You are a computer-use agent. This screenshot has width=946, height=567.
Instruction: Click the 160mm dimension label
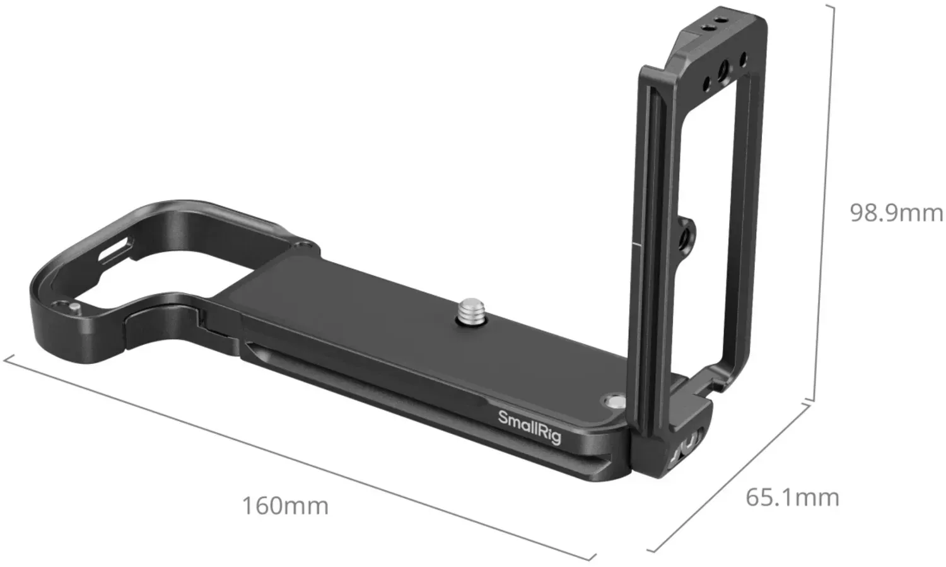(x=286, y=506)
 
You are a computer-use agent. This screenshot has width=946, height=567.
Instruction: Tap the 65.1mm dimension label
(x=792, y=498)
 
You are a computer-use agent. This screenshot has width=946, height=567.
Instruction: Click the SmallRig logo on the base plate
(x=530, y=427)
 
